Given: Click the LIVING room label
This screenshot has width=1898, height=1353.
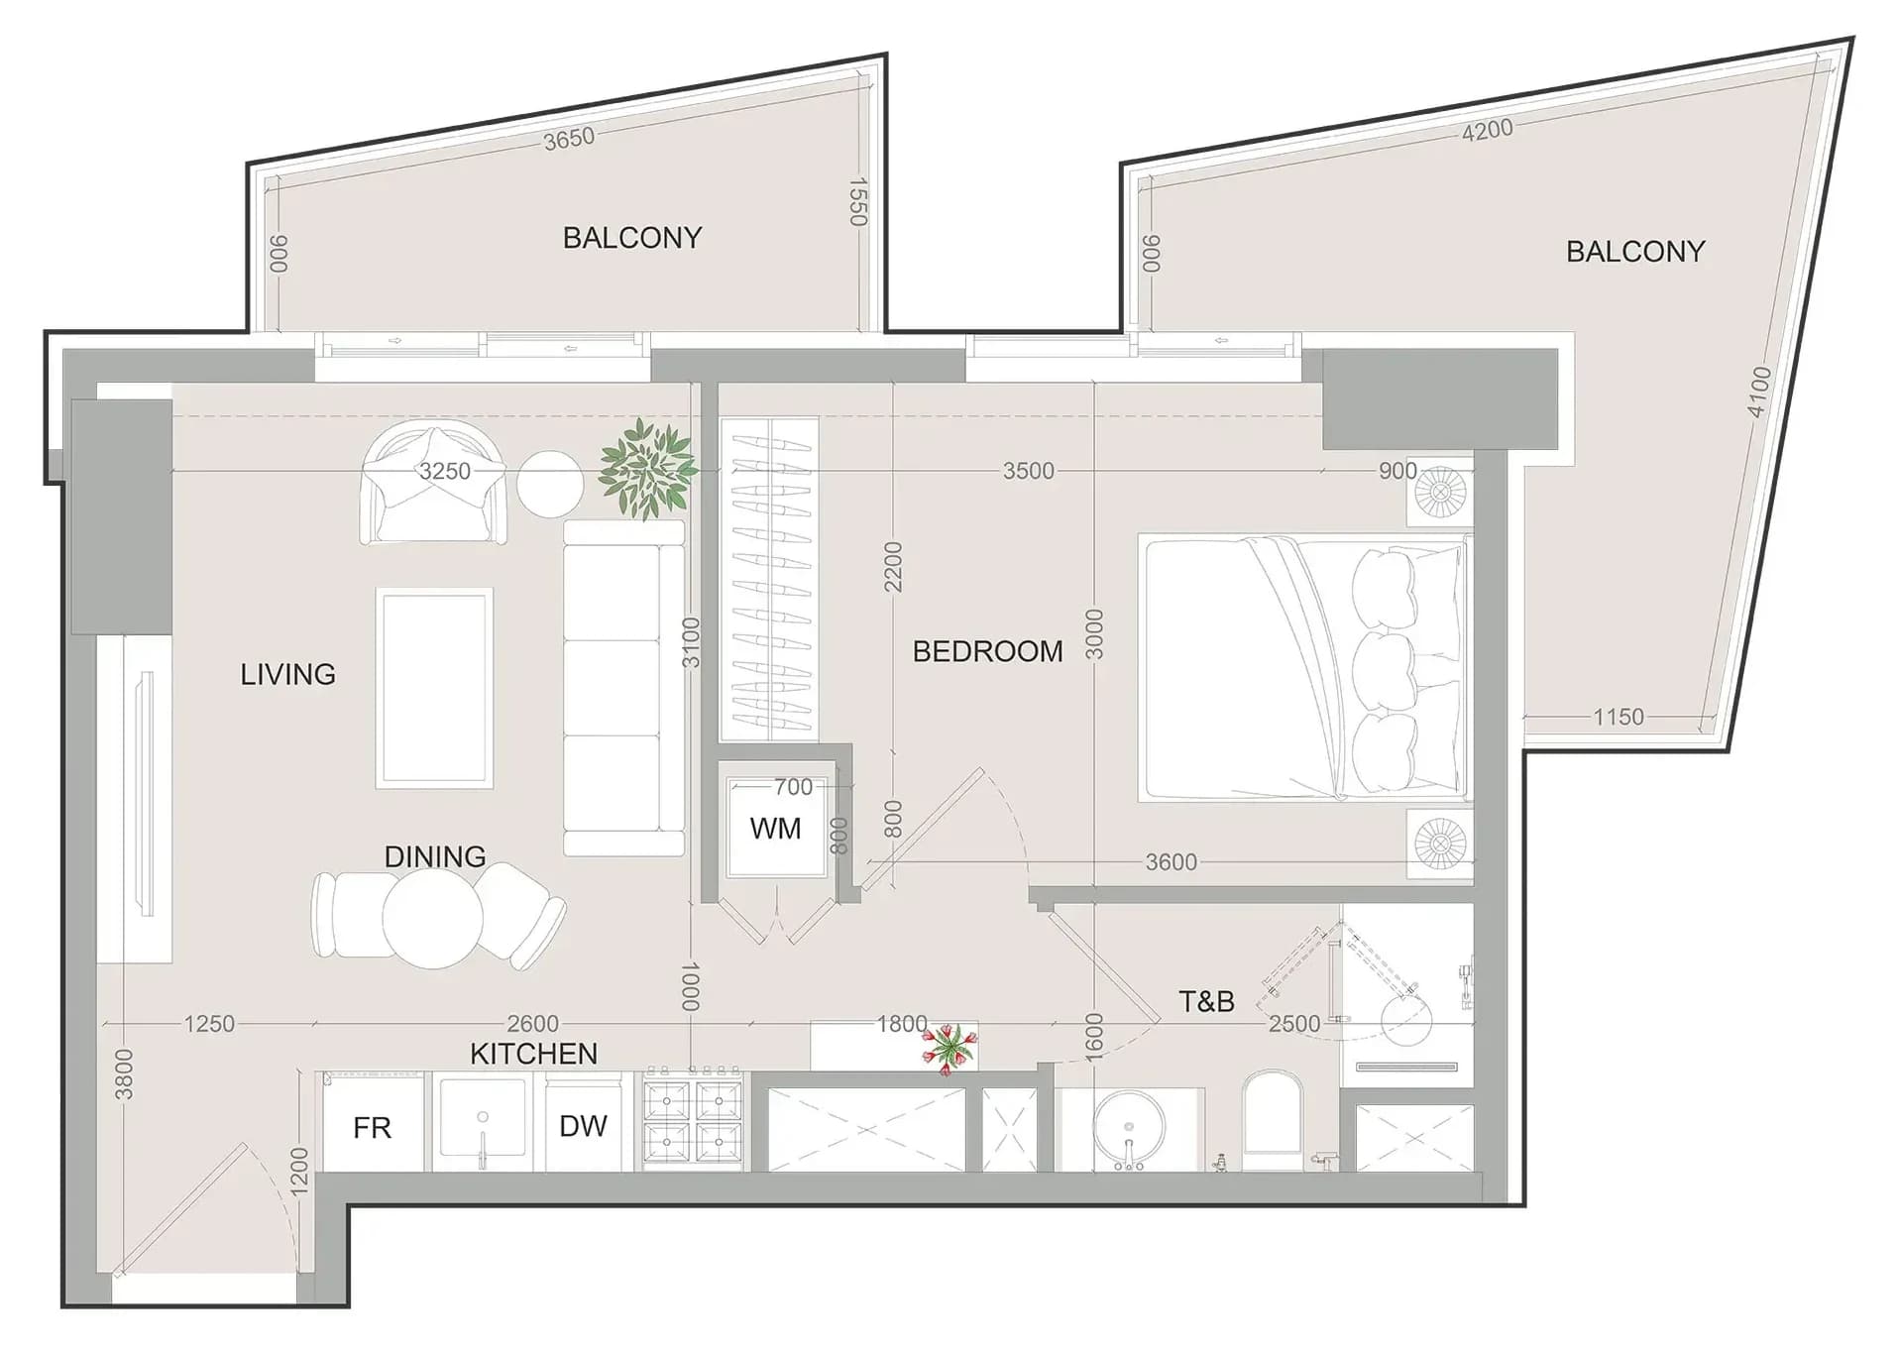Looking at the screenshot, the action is [x=287, y=674].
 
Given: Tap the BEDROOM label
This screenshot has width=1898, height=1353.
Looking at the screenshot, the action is [x=987, y=651].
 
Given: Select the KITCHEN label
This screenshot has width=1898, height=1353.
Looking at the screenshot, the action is [x=533, y=1054].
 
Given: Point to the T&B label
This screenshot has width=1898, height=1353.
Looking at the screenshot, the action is [x=1206, y=1001].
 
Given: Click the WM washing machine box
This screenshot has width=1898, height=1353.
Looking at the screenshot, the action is [x=776, y=829].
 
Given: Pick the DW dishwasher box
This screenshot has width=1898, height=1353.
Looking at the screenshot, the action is [x=583, y=1125].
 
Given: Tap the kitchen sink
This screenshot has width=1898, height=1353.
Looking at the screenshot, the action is [x=483, y=1121].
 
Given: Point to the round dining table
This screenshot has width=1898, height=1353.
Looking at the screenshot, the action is [x=433, y=918].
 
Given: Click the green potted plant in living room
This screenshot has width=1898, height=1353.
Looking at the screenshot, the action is [x=647, y=469].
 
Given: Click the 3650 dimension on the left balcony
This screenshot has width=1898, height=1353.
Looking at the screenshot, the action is [x=569, y=139].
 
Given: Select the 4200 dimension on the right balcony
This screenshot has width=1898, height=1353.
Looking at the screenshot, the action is [x=1487, y=130].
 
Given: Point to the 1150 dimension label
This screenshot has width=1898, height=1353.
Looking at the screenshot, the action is [x=1618, y=716].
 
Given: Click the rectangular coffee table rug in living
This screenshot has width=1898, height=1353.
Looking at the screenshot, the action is [x=434, y=688].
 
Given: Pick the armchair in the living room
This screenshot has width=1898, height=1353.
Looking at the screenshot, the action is [x=434, y=482].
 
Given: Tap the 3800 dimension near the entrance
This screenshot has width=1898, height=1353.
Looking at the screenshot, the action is [x=124, y=1074].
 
